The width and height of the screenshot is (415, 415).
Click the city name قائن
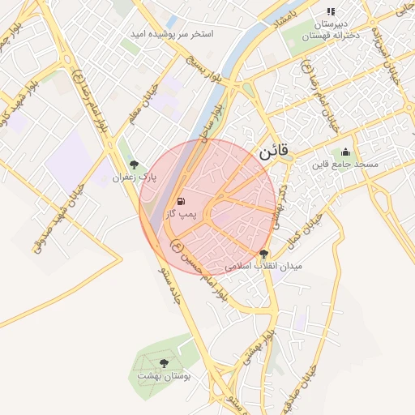point(273,152)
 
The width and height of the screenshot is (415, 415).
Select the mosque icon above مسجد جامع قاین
point(346,152)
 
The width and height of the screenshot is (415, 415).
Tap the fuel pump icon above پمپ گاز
point(179,201)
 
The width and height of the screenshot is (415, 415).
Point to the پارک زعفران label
point(133,176)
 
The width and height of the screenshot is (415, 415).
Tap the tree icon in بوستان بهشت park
point(165,364)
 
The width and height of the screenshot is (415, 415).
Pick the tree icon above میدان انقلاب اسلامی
point(263,254)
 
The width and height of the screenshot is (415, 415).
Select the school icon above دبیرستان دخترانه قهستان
point(330,11)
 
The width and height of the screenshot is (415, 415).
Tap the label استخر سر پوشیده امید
point(172,35)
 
